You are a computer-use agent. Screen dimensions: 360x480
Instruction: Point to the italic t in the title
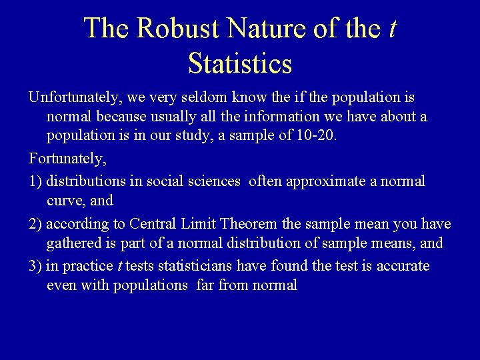392,29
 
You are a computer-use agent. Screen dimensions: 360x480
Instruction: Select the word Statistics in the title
240,64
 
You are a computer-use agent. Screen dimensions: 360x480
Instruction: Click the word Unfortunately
73,98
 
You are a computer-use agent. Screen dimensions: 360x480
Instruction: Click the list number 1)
35,181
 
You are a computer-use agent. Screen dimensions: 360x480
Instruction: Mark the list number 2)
35,224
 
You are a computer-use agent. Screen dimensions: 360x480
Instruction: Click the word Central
153,224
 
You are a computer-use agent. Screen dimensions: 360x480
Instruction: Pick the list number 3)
35,266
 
